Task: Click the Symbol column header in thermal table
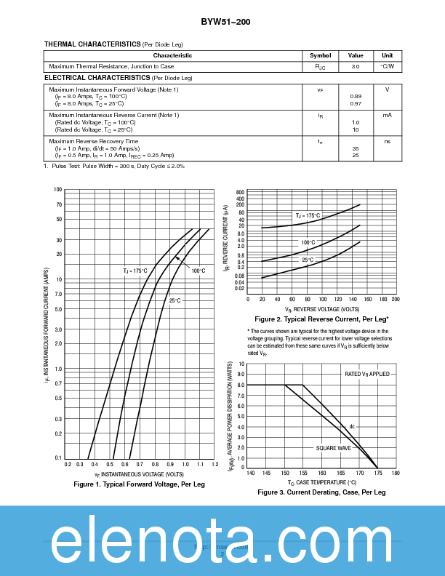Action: click(x=320, y=55)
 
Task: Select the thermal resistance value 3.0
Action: click(x=356, y=66)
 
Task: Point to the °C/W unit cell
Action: click(x=387, y=66)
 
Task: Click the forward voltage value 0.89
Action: click(x=356, y=97)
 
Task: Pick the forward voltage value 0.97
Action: click(x=356, y=104)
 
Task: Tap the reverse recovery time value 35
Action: click(x=356, y=148)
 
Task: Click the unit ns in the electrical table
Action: click(x=387, y=141)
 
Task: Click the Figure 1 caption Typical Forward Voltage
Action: click(x=140, y=484)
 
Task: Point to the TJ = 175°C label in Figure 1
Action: click(x=135, y=271)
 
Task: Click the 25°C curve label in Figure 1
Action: click(x=175, y=300)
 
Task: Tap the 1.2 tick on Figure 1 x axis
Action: click(x=215, y=464)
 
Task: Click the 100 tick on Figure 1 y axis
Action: click(x=58, y=190)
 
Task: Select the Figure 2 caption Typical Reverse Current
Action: click(x=321, y=319)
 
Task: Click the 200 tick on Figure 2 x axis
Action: click(x=395, y=299)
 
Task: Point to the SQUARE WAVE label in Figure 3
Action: click(x=333, y=449)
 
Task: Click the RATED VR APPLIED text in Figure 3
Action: click(x=366, y=374)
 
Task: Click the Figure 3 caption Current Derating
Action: click(x=321, y=492)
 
